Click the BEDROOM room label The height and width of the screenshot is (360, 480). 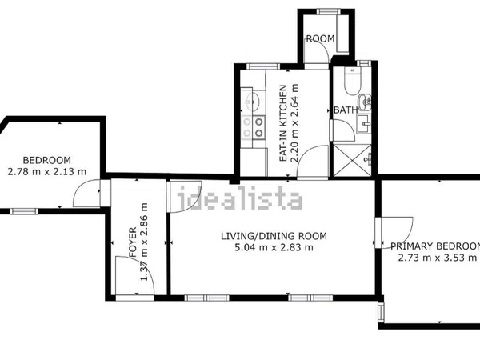[x=47, y=160]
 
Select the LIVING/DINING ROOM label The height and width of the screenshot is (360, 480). [x=274, y=236]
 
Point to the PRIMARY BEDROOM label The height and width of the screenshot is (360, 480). [x=435, y=246]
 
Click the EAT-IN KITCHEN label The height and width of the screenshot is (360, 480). [x=283, y=123]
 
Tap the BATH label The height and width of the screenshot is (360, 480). [x=346, y=110]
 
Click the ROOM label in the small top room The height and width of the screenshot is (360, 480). [x=321, y=38]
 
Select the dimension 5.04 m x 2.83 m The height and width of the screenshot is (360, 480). [x=274, y=247]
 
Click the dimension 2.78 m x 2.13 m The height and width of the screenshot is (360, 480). [x=47, y=171]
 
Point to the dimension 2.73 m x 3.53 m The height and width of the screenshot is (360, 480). [x=438, y=258]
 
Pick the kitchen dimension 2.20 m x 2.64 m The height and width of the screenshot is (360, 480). [x=294, y=123]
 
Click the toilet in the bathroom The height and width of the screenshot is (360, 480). [x=353, y=81]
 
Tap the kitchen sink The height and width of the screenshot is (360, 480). [x=253, y=101]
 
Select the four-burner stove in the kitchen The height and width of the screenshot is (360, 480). [x=253, y=127]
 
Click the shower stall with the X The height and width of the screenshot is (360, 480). [x=352, y=160]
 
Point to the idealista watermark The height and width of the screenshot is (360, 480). [x=240, y=198]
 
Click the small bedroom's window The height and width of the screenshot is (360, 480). [x=24, y=211]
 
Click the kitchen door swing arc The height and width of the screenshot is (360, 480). [x=306, y=151]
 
